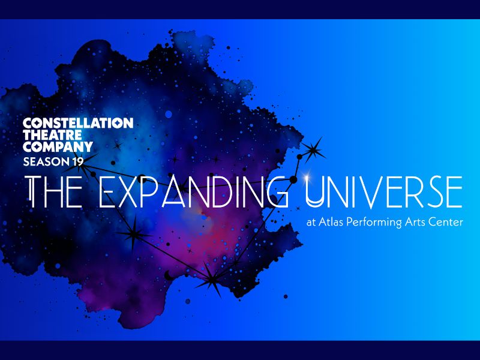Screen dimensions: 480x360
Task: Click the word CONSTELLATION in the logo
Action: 78,123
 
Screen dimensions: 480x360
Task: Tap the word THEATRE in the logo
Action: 52,135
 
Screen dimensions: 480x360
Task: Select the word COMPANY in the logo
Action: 58,146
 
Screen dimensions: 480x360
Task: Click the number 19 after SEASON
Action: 78,161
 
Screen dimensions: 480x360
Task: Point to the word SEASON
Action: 47,161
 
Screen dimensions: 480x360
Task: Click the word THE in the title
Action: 55,192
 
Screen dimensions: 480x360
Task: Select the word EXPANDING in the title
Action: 193,192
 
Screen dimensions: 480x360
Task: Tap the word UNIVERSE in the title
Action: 384,192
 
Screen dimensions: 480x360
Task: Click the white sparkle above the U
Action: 306,176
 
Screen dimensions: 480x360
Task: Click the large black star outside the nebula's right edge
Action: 313,150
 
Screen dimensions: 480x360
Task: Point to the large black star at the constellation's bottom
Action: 212,279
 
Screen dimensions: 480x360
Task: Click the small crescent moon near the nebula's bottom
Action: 168,275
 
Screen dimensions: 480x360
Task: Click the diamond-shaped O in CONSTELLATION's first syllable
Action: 37,123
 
